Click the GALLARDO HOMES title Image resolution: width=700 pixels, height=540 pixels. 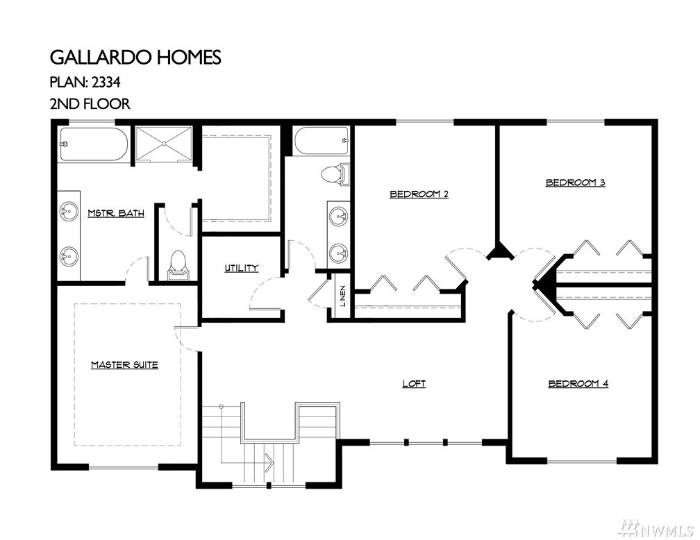click(x=135, y=58)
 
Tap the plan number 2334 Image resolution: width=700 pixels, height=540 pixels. click(x=106, y=82)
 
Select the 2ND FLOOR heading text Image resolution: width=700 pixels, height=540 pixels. click(x=90, y=104)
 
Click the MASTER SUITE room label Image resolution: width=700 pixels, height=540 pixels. click(x=124, y=365)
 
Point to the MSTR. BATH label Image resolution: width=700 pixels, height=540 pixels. click(x=116, y=213)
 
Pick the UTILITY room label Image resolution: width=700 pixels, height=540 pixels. click(x=241, y=268)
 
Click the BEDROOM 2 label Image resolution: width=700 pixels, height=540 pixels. click(x=419, y=194)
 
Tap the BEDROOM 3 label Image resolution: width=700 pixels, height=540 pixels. click(x=576, y=183)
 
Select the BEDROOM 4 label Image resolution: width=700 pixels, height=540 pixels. click(x=578, y=384)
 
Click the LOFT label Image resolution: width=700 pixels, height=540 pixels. click(x=414, y=384)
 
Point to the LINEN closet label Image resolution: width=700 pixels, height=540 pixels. click(x=343, y=296)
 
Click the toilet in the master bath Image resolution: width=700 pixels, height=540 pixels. click(x=177, y=265)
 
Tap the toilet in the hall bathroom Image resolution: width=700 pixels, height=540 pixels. click(x=335, y=174)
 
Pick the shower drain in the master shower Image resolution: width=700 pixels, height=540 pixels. click(x=165, y=144)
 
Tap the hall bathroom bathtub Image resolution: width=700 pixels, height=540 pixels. click(x=322, y=141)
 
